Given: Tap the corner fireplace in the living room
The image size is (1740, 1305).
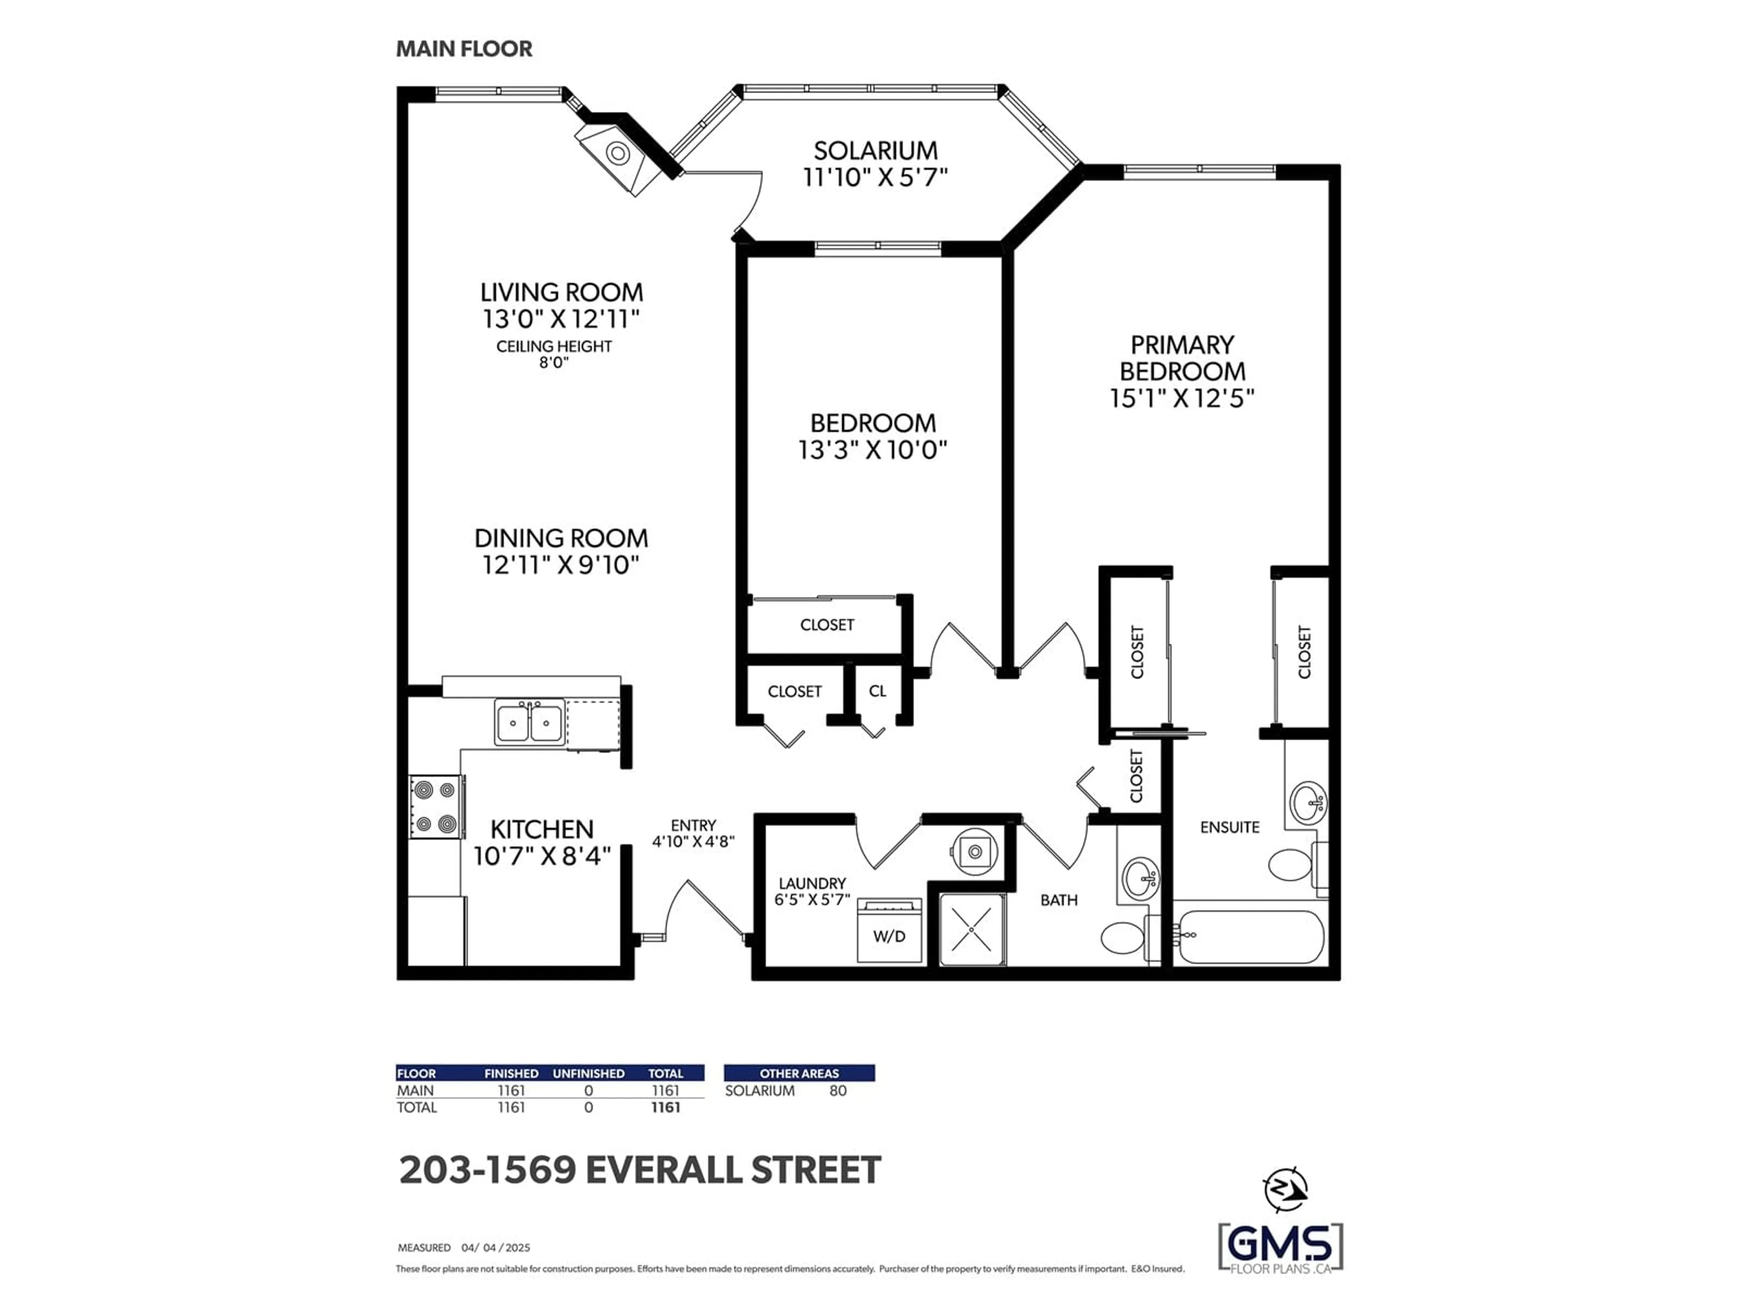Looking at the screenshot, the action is pyautogui.click(x=618, y=154).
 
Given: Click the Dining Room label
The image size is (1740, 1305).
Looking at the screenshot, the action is pyautogui.click(x=561, y=538).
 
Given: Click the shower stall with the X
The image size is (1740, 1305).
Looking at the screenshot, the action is pyautogui.click(x=972, y=929).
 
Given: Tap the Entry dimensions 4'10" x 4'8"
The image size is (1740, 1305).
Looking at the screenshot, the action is pyautogui.click(x=693, y=841).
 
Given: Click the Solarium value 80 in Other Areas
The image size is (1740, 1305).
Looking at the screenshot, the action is pyautogui.click(x=838, y=1090).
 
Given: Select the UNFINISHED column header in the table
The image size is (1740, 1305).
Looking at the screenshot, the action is pyautogui.click(x=589, y=1073).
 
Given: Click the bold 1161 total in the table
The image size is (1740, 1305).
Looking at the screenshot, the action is pyautogui.click(x=666, y=1107).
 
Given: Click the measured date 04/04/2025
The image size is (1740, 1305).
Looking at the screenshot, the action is pyautogui.click(x=496, y=1247).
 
